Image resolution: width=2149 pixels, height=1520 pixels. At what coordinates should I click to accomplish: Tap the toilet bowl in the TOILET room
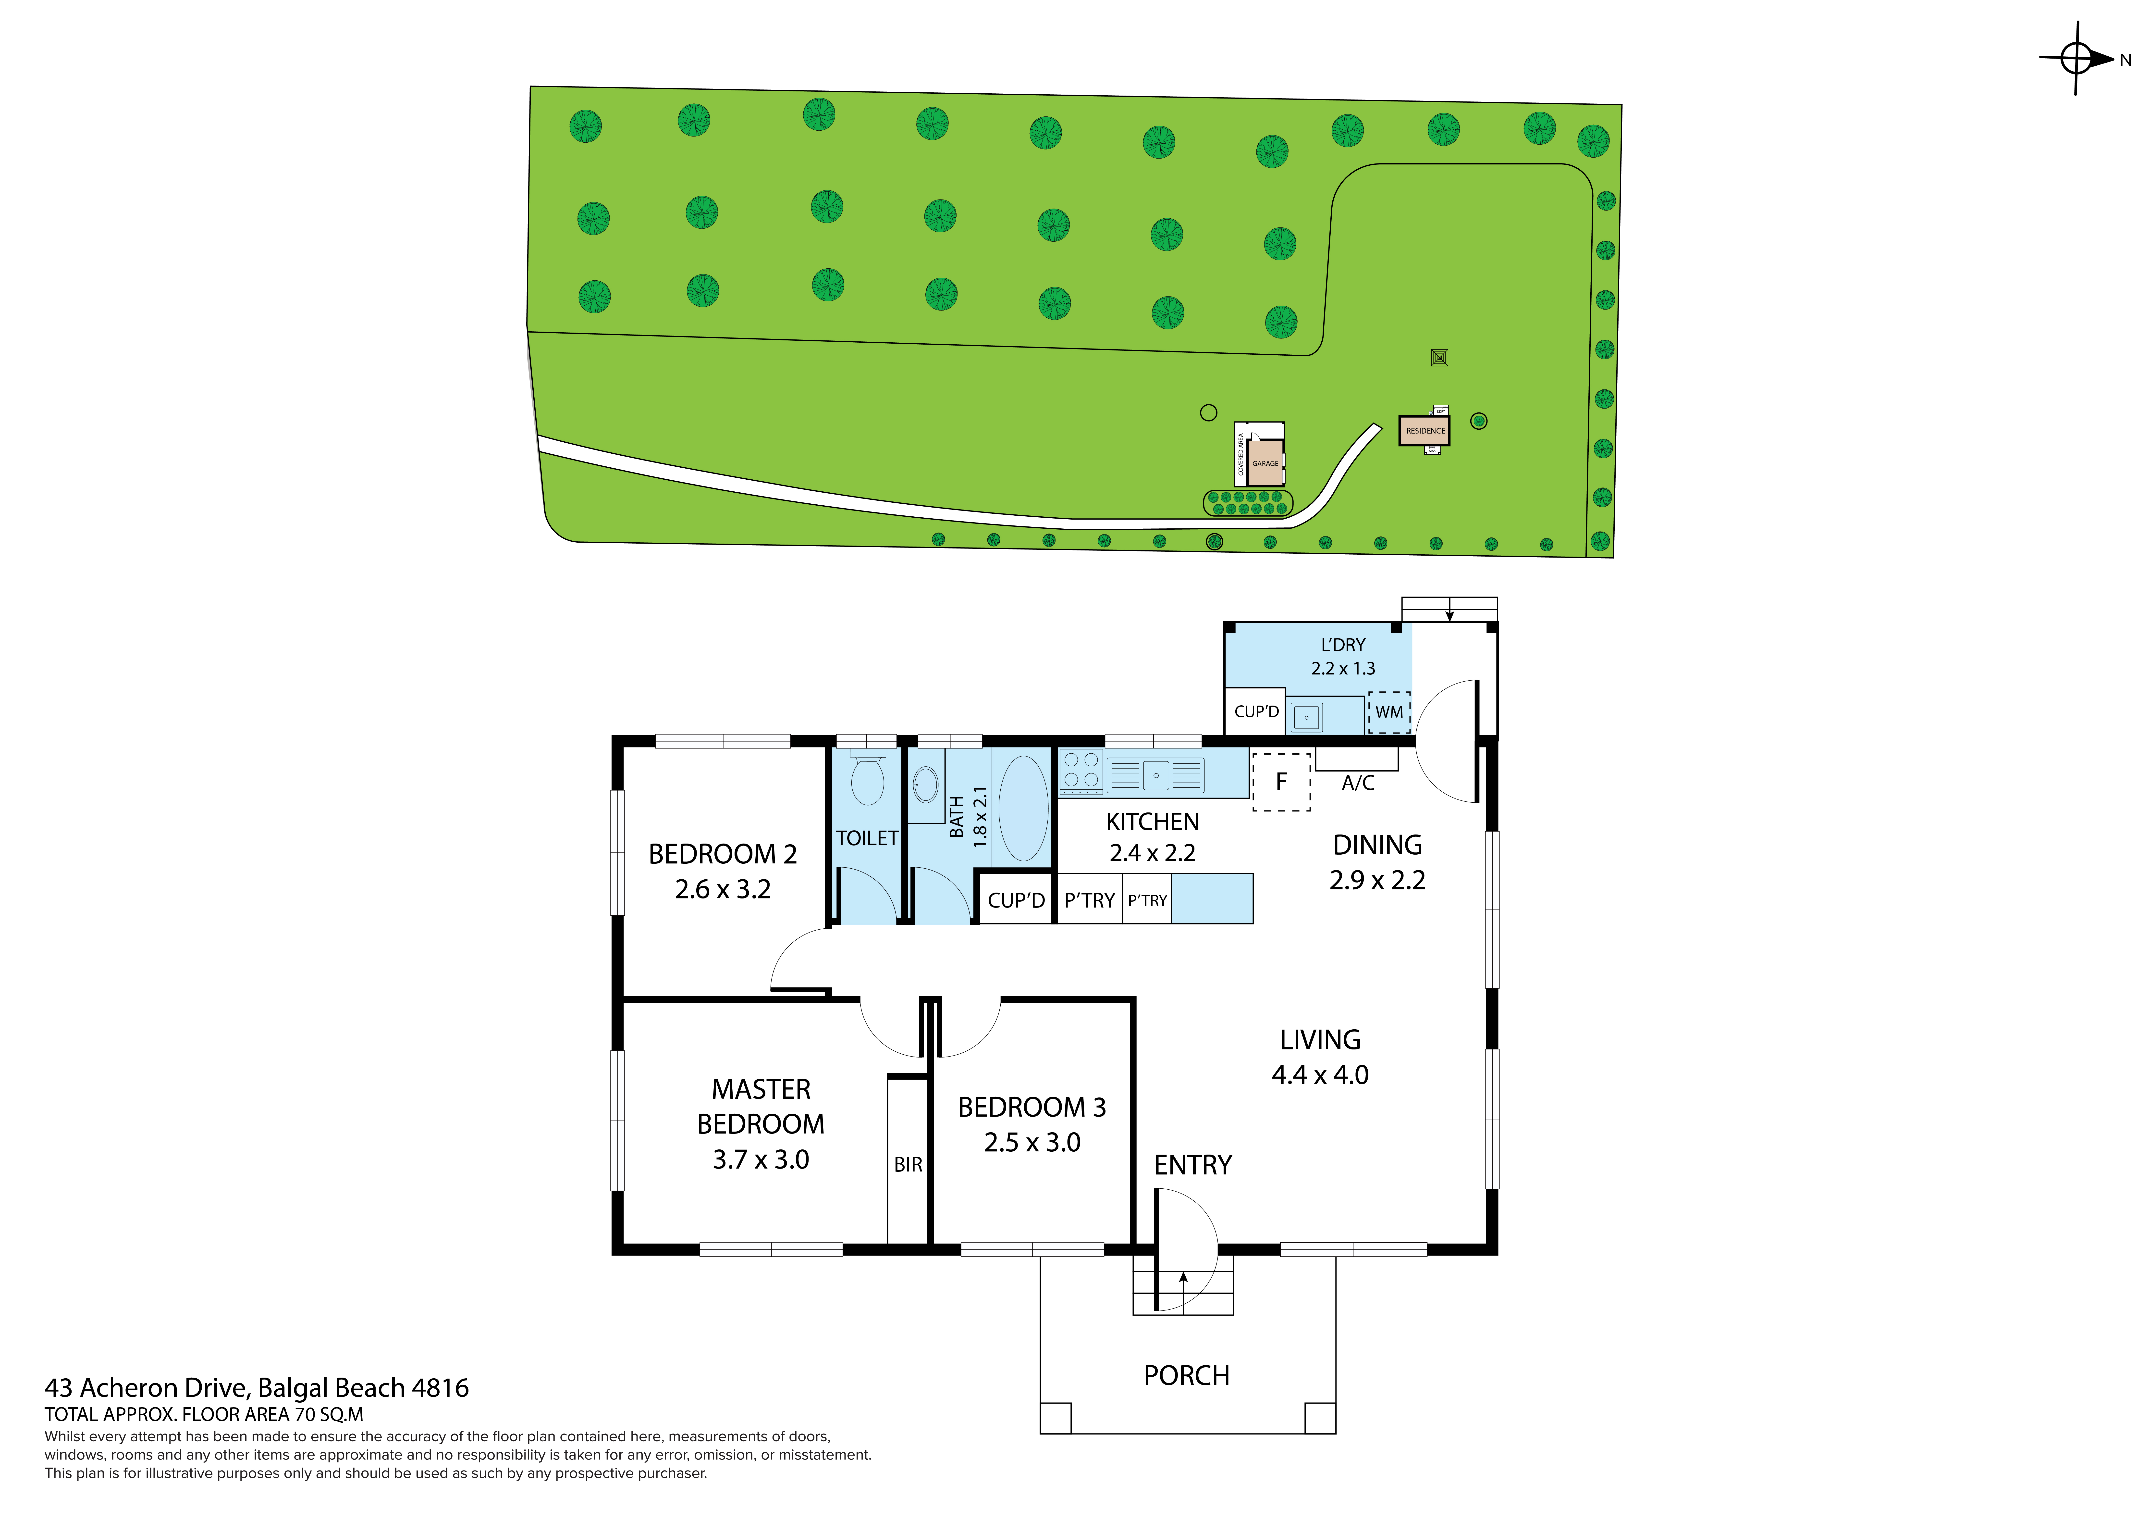(868, 780)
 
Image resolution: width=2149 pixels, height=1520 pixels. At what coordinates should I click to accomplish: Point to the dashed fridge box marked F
(1281, 782)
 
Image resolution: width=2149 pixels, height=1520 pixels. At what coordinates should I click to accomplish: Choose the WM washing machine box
(1389, 712)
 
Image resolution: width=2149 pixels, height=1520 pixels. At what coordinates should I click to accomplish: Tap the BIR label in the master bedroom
(908, 1164)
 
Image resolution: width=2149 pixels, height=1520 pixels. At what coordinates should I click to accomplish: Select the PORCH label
(1186, 1376)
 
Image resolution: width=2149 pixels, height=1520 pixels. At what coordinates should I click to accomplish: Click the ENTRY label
(1192, 1165)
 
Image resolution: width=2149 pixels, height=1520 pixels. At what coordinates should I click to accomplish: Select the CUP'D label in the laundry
(1256, 711)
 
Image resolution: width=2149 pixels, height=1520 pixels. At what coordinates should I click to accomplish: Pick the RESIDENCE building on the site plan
(1424, 431)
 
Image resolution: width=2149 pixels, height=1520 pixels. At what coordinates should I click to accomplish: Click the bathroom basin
(926, 784)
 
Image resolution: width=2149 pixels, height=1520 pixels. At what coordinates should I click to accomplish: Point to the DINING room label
(1377, 845)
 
